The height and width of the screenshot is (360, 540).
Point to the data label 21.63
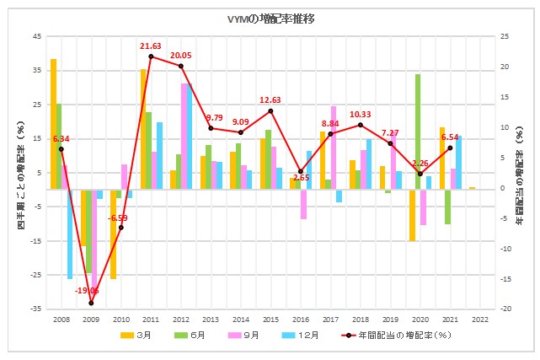point(151,46)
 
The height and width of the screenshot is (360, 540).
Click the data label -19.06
point(88,290)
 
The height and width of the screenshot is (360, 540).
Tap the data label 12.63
point(270,100)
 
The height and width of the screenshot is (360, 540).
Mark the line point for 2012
point(180,66)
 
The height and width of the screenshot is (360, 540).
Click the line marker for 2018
point(361,125)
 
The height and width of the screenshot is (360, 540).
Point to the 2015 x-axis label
point(270,320)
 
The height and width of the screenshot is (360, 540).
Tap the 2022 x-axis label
point(480,320)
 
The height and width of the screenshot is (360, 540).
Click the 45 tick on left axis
point(36,36)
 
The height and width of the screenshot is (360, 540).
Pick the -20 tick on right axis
point(505,309)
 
